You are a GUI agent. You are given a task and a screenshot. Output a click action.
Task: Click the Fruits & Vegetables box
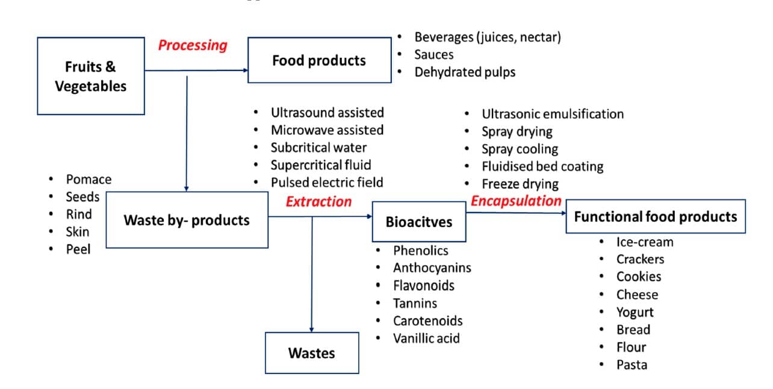pyautogui.click(x=91, y=76)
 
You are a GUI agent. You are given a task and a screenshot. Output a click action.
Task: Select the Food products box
pyautogui.click(x=319, y=60)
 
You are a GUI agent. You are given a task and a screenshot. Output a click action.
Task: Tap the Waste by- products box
pyautogui.click(x=187, y=220)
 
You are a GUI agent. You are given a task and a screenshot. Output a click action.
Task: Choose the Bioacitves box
pyautogui.click(x=418, y=222)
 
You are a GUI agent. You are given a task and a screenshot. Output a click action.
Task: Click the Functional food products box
pyautogui.click(x=655, y=217)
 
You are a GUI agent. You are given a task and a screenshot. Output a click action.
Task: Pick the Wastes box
pyautogui.click(x=312, y=353)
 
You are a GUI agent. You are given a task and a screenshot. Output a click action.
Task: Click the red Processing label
pyautogui.click(x=193, y=45)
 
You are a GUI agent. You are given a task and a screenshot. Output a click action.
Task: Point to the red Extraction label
pyautogui.click(x=318, y=202)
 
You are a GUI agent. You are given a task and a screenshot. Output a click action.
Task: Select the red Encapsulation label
pyautogui.click(x=516, y=201)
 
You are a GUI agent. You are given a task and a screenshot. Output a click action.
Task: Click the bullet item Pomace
pyautogui.click(x=88, y=179)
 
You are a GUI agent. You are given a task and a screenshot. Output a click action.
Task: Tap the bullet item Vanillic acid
pyautogui.click(x=426, y=338)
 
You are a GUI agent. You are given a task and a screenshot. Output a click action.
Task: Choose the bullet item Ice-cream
pyautogui.click(x=645, y=242)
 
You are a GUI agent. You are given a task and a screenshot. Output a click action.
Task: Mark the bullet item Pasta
pyautogui.click(x=632, y=365)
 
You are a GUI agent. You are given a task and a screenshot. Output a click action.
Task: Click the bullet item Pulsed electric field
pyautogui.click(x=327, y=182)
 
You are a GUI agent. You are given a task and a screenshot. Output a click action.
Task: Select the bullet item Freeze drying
pyautogui.click(x=520, y=184)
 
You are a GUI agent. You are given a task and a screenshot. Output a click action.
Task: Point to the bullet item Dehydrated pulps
pyautogui.click(x=465, y=72)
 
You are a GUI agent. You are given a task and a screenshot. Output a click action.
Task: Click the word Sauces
pyautogui.click(x=433, y=55)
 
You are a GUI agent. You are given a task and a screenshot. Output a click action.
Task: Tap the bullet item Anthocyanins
pyautogui.click(x=432, y=268)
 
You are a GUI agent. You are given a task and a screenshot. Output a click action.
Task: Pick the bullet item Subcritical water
pyautogui.click(x=318, y=148)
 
